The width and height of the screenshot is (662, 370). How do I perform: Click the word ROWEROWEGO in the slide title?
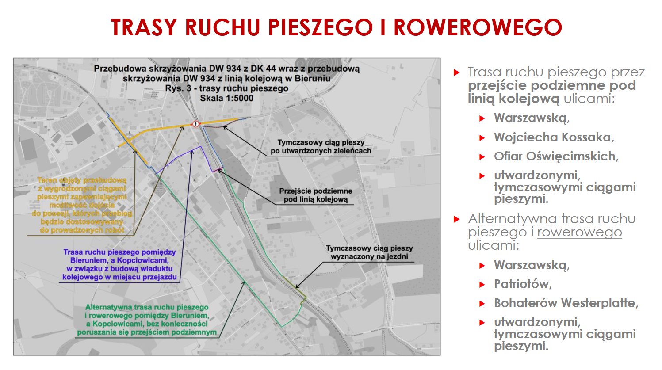point(478,27)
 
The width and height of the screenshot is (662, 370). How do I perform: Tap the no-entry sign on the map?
point(196,124)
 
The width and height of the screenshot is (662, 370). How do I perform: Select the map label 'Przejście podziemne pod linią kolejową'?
point(315,195)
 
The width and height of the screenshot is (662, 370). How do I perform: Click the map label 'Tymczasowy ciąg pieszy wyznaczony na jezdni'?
point(369,252)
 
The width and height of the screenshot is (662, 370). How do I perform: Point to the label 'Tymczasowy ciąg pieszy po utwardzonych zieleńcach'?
point(321,146)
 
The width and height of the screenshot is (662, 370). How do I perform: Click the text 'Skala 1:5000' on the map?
point(226,98)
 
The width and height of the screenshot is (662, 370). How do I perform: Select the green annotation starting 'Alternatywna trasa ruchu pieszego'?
point(147,320)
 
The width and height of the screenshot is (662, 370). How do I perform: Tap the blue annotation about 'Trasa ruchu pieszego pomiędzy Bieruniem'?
point(119,264)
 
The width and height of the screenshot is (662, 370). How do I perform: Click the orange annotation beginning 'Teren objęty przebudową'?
point(82,205)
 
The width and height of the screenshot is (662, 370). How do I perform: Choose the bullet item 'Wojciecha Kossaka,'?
point(554,137)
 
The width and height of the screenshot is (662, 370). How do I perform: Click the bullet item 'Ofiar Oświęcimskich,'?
point(556,156)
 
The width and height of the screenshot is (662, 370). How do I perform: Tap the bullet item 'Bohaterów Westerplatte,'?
point(566,303)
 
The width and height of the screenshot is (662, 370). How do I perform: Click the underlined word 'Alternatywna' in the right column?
point(512,219)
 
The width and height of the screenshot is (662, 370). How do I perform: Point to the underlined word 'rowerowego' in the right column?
point(579,232)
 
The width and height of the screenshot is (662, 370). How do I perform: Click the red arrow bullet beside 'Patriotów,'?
point(482,285)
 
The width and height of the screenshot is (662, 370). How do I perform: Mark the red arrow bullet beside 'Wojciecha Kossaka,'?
point(482,138)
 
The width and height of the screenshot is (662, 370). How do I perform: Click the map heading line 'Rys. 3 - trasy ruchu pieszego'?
point(226,88)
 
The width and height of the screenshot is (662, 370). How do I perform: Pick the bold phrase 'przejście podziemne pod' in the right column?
point(551,85)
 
